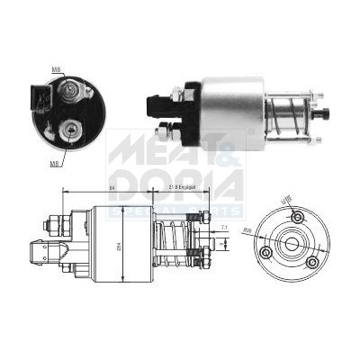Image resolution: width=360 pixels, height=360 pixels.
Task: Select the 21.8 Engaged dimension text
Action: [184, 186]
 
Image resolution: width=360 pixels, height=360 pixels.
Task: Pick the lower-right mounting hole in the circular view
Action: [311, 262]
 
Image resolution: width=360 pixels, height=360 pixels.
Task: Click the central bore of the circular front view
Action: [290, 242]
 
